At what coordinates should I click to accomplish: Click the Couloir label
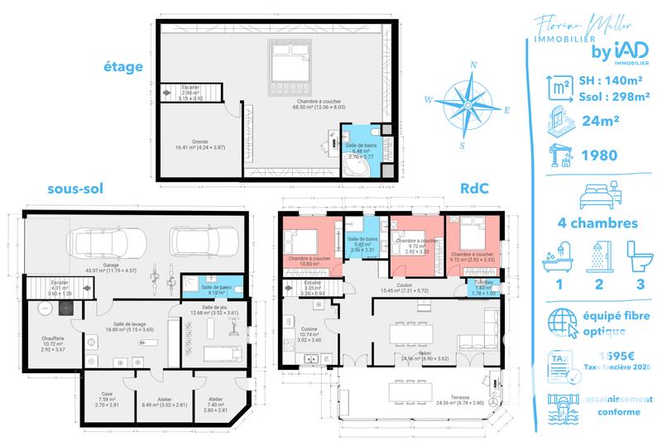click(405, 286)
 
